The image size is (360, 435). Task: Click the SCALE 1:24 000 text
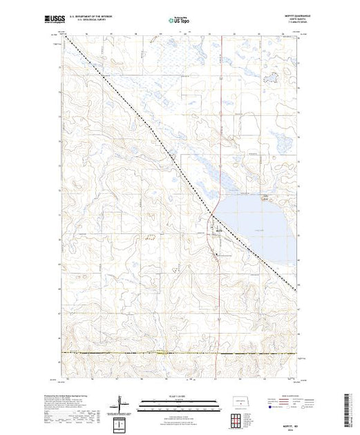[179, 395]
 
